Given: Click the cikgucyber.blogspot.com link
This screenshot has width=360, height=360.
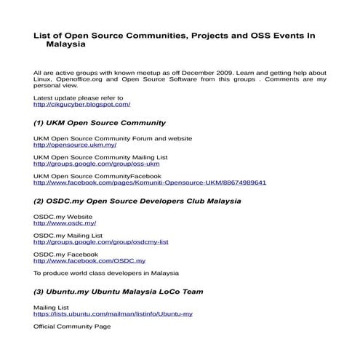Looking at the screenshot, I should [x=81, y=105].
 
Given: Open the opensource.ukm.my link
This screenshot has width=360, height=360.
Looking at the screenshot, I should [x=75, y=145].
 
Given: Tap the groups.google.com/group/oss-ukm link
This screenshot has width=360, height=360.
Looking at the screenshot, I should [x=96, y=164].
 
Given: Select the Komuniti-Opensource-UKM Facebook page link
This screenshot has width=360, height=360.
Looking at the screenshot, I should [x=150, y=183].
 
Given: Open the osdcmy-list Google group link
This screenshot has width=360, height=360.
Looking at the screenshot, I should [x=100, y=242].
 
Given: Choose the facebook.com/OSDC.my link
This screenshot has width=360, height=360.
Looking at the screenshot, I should [x=89, y=260].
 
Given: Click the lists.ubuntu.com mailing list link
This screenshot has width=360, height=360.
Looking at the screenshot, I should [x=113, y=314].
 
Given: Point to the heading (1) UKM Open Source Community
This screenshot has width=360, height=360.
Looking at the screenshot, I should [x=100, y=124].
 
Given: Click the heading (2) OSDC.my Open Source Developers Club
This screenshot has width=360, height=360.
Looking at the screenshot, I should [x=137, y=201].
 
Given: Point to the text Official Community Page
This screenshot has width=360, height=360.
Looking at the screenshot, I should [x=72, y=327].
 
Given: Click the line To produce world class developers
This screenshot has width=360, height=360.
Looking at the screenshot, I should [x=105, y=273].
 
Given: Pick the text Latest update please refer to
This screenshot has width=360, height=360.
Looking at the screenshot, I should [x=78, y=97].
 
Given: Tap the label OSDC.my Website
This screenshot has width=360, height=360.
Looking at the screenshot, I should [x=63, y=217].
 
